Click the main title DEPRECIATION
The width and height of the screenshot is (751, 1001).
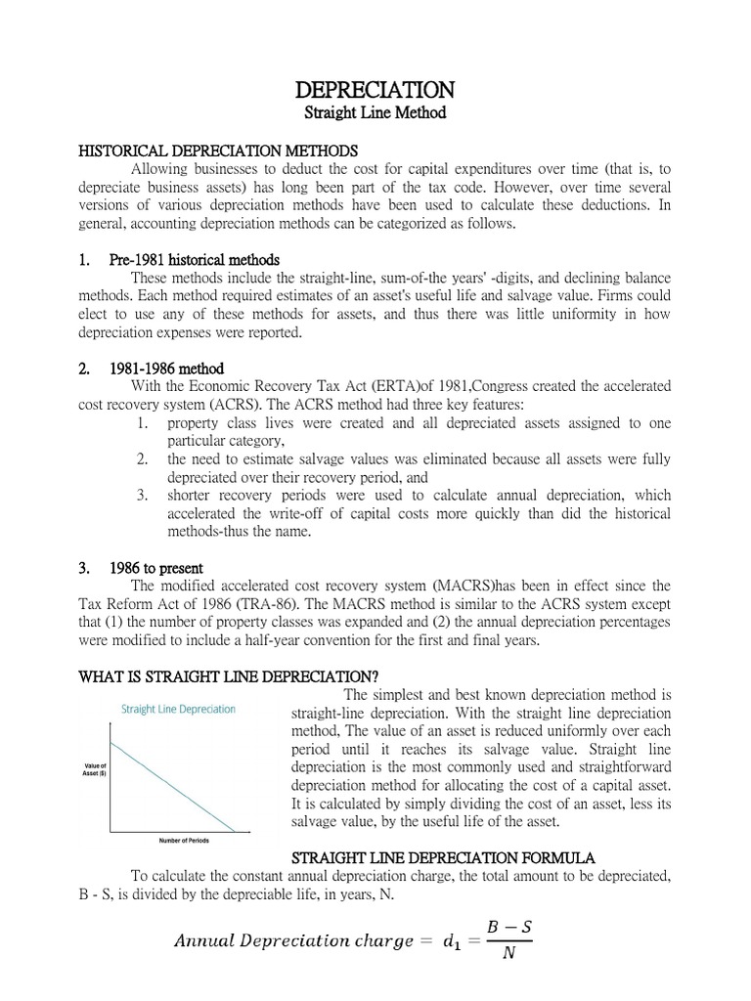point(375,90)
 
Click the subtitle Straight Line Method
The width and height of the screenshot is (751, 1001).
point(375,113)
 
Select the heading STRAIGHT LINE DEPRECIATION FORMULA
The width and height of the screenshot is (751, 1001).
point(452,857)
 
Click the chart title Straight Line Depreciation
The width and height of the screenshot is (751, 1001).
point(178,709)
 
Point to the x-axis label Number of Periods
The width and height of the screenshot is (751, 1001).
point(183,841)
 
